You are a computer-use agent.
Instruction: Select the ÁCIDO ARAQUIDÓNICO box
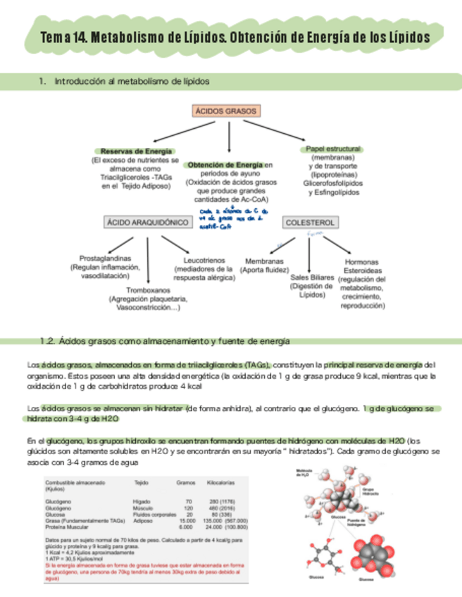(147, 222)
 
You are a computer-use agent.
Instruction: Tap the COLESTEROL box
(310, 222)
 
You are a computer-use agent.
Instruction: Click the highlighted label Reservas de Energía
(136, 151)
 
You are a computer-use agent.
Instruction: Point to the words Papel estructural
(333, 149)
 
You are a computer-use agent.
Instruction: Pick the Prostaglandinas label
(105, 258)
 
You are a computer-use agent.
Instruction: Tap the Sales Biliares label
(311, 277)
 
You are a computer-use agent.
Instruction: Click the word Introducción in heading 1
(80, 82)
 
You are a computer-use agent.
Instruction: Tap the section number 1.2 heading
(48, 341)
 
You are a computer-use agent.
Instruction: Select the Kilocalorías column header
(221, 483)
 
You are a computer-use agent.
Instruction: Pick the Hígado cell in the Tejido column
(142, 501)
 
